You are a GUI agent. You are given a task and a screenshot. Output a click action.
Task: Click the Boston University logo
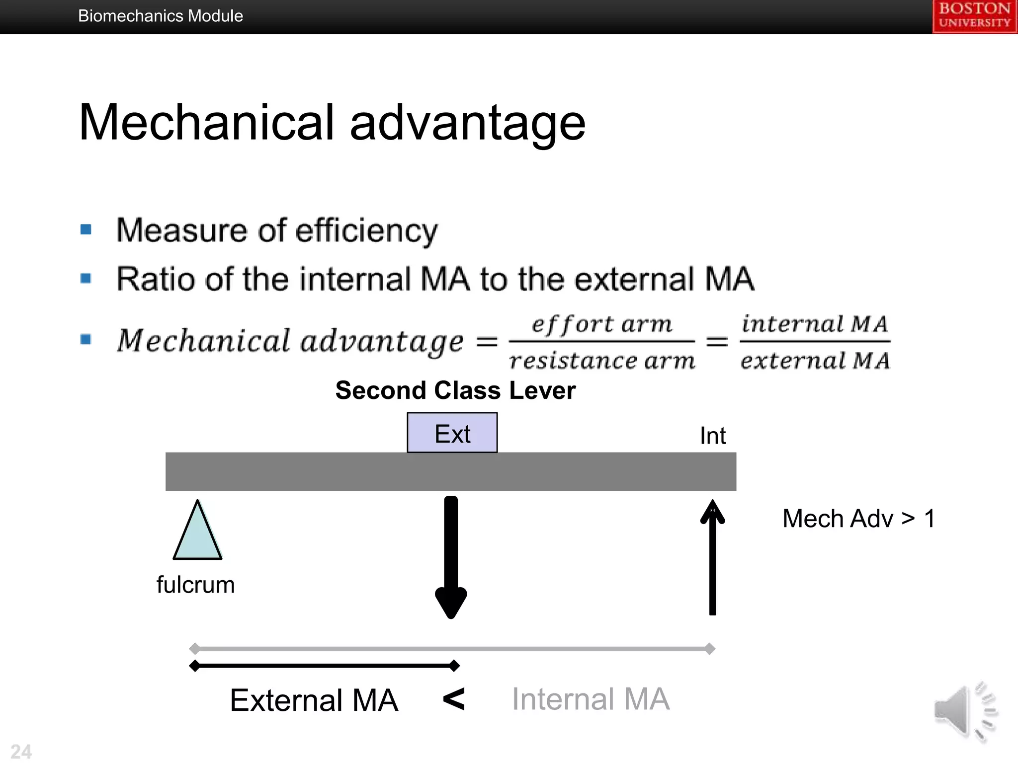pyautogui.click(x=974, y=16)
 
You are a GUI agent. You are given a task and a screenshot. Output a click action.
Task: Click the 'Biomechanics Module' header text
pyautogui.click(x=161, y=16)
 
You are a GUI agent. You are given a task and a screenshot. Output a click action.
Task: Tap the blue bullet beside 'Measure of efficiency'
pyautogui.click(x=86, y=229)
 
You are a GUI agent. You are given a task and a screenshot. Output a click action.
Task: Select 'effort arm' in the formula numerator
pyautogui.click(x=601, y=324)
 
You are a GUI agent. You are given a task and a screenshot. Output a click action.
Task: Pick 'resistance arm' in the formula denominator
pyautogui.click(x=601, y=360)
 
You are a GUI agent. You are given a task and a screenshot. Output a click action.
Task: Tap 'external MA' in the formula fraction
pyautogui.click(x=814, y=360)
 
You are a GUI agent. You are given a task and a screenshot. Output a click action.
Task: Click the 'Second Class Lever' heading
pyautogui.click(x=455, y=390)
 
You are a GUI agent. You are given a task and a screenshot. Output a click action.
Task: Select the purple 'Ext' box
pyautogui.click(x=452, y=433)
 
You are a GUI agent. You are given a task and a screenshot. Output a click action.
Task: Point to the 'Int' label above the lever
pyautogui.click(x=712, y=436)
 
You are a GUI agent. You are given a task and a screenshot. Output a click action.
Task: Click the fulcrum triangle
pyautogui.click(x=197, y=534)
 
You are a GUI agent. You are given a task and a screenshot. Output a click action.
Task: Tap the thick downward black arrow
pyautogui.click(x=451, y=556)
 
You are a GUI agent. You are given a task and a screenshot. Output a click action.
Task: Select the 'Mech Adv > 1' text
pyautogui.click(x=858, y=519)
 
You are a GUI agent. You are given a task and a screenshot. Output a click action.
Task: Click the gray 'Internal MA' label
pyautogui.click(x=591, y=699)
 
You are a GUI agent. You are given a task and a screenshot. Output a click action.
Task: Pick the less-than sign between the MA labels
pyautogui.click(x=454, y=699)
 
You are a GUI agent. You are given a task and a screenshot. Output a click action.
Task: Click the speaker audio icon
pyautogui.click(x=965, y=711)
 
